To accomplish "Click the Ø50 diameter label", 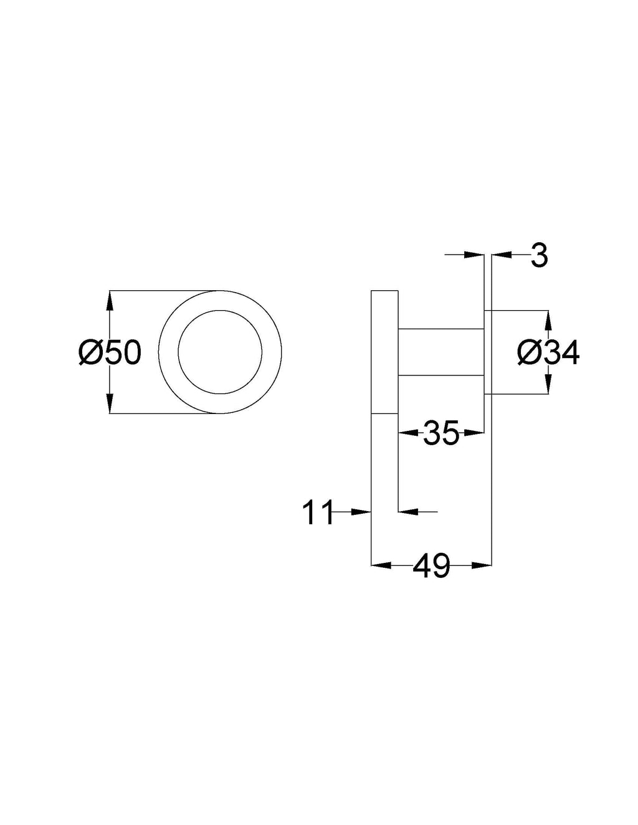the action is (x=110, y=352).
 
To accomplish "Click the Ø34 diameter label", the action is (x=548, y=352).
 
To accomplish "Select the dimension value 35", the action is (x=441, y=432).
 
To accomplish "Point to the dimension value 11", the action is (x=318, y=512).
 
